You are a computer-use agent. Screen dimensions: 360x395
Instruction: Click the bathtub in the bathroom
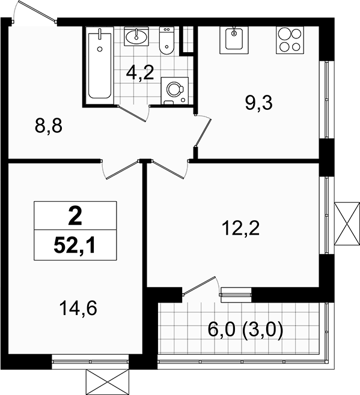click(x=100, y=65)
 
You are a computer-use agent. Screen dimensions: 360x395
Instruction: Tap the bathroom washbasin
click(x=136, y=37)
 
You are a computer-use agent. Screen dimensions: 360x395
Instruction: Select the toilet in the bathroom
click(x=166, y=41)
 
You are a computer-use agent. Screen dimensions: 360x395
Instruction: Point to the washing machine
click(x=174, y=91)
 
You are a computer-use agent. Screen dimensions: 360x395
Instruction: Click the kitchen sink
click(x=234, y=40)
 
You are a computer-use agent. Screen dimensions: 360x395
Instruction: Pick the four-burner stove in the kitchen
click(x=290, y=40)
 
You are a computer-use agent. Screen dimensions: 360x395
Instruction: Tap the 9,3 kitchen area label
click(x=259, y=103)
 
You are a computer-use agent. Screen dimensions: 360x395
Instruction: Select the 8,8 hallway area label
click(x=49, y=126)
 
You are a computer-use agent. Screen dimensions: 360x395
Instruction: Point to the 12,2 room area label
click(x=240, y=228)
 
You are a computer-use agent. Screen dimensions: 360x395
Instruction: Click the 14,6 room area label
click(x=78, y=309)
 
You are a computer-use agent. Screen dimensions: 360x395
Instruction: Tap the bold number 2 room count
click(x=75, y=216)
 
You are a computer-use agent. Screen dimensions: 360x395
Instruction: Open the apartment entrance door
click(x=34, y=11)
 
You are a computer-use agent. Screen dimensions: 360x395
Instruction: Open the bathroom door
click(x=133, y=113)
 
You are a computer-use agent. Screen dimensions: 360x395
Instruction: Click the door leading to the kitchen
click(x=203, y=131)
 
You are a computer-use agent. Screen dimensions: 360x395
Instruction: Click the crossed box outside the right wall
click(x=347, y=223)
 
